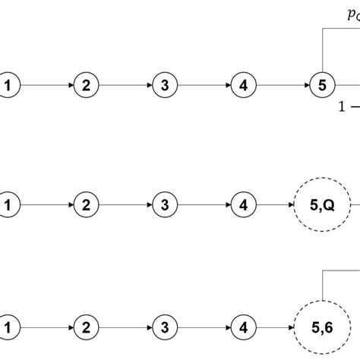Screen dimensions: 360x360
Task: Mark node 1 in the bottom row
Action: [8, 328]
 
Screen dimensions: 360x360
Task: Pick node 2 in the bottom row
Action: [87, 328]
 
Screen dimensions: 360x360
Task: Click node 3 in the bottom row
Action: [164, 328]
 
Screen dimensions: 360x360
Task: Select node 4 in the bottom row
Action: [242, 328]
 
